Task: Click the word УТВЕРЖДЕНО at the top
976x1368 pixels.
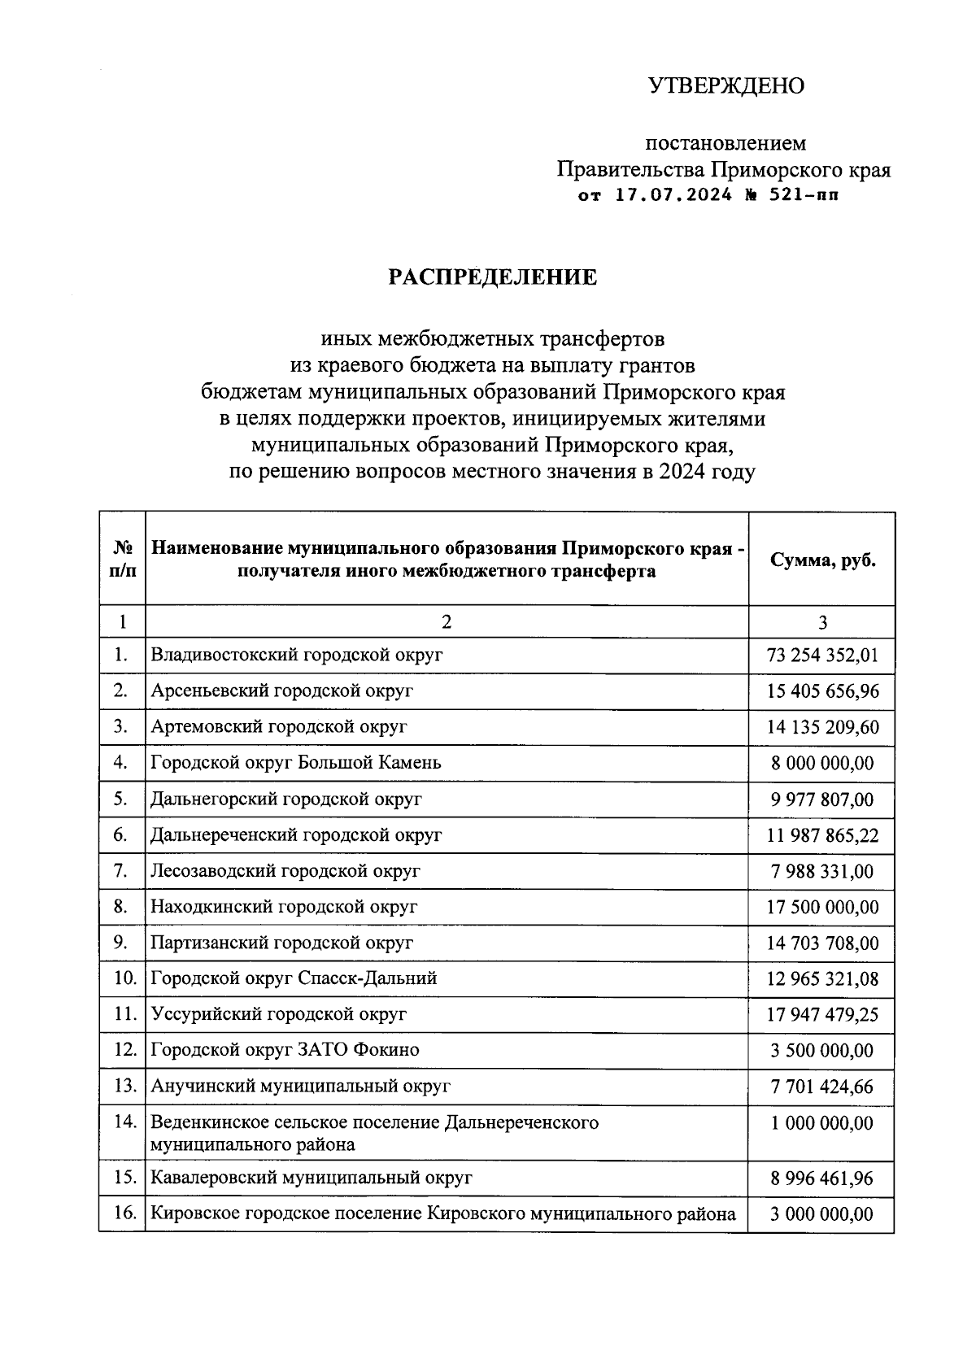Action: (725, 85)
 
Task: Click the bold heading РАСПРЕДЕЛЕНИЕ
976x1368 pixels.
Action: (492, 278)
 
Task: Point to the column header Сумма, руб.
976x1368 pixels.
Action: (822, 560)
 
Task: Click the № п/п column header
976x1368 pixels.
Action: (122, 559)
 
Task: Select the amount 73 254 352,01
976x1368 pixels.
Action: (822, 656)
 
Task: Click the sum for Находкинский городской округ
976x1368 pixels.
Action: (822, 907)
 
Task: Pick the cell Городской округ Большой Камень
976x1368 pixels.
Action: (296, 763)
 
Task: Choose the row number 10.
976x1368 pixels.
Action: (124, 978)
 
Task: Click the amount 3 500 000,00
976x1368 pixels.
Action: (822, 1051)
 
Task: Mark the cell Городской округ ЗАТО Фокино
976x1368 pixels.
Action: (285, 1050)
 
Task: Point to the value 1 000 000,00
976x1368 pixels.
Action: (822, 1123)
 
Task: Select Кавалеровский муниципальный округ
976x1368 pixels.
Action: (311, 1178)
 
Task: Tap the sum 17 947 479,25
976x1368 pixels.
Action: (822, 1015)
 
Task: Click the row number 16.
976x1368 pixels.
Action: (124, 1214)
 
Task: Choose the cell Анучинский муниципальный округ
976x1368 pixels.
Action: (300, 1086)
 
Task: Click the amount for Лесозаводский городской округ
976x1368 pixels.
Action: (822, 871)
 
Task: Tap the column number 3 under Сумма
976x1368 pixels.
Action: (822, 623)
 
